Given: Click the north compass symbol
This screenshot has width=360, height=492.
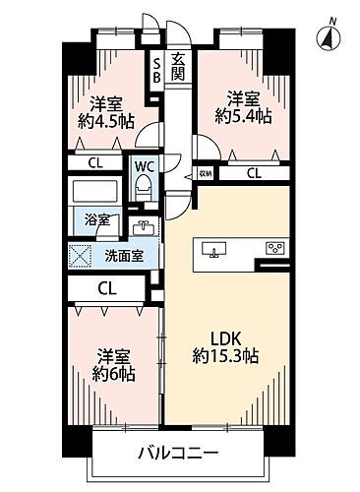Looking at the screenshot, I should pyautogui.click(x=328, y=35).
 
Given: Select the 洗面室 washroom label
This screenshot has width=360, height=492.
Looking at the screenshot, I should pyautogui.click(x=122, y=254).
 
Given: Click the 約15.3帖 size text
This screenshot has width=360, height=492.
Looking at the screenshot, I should pyautogui.click(x=225, y=356).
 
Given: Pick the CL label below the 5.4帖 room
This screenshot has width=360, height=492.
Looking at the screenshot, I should pyautogui.click(x=254, y=175).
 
